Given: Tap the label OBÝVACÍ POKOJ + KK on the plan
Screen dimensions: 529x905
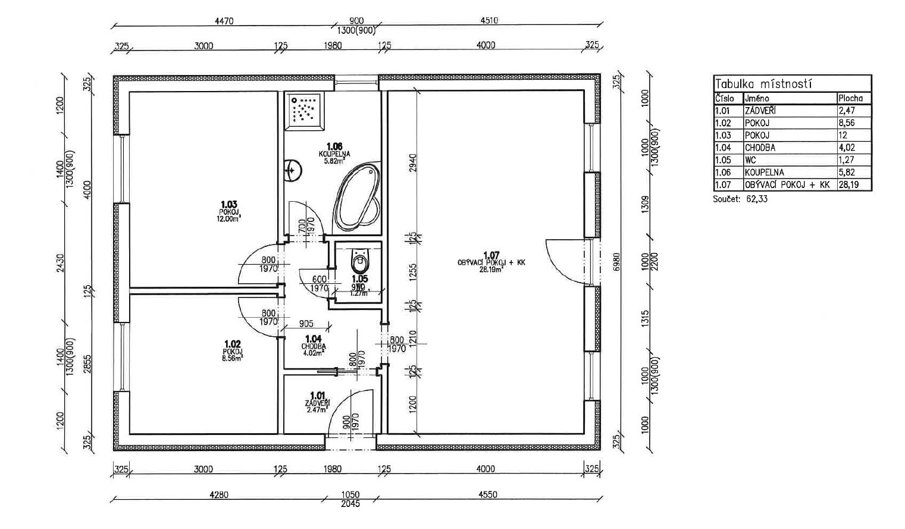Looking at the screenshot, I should point(491,262).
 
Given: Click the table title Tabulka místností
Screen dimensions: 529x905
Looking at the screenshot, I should point(764,84).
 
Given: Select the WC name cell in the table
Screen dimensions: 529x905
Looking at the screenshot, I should point(750,160).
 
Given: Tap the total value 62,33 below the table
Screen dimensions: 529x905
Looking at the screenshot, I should point(756,199).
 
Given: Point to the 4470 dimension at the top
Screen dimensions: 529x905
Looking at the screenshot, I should point(224,21).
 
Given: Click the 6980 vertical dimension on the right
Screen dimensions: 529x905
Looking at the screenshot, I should point(616,262).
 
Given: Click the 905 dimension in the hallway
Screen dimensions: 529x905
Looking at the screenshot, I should point(306,324).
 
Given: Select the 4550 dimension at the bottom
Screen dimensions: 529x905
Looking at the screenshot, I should point(487,494).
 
